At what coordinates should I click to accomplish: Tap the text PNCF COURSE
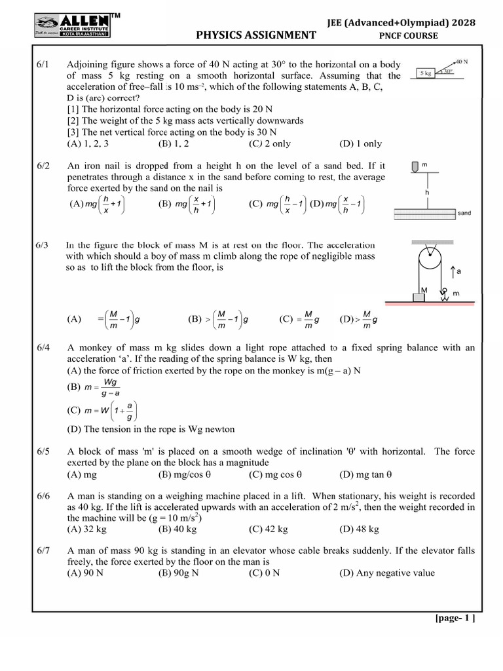[409, 36]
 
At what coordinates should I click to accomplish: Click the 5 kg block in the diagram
[426, 74]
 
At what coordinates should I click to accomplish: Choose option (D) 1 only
[360, 144]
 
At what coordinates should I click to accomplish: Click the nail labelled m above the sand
[415, 168]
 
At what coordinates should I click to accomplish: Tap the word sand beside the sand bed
[464, 213]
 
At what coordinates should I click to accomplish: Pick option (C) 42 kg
[269, 529]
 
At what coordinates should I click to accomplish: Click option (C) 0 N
[265, 573]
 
